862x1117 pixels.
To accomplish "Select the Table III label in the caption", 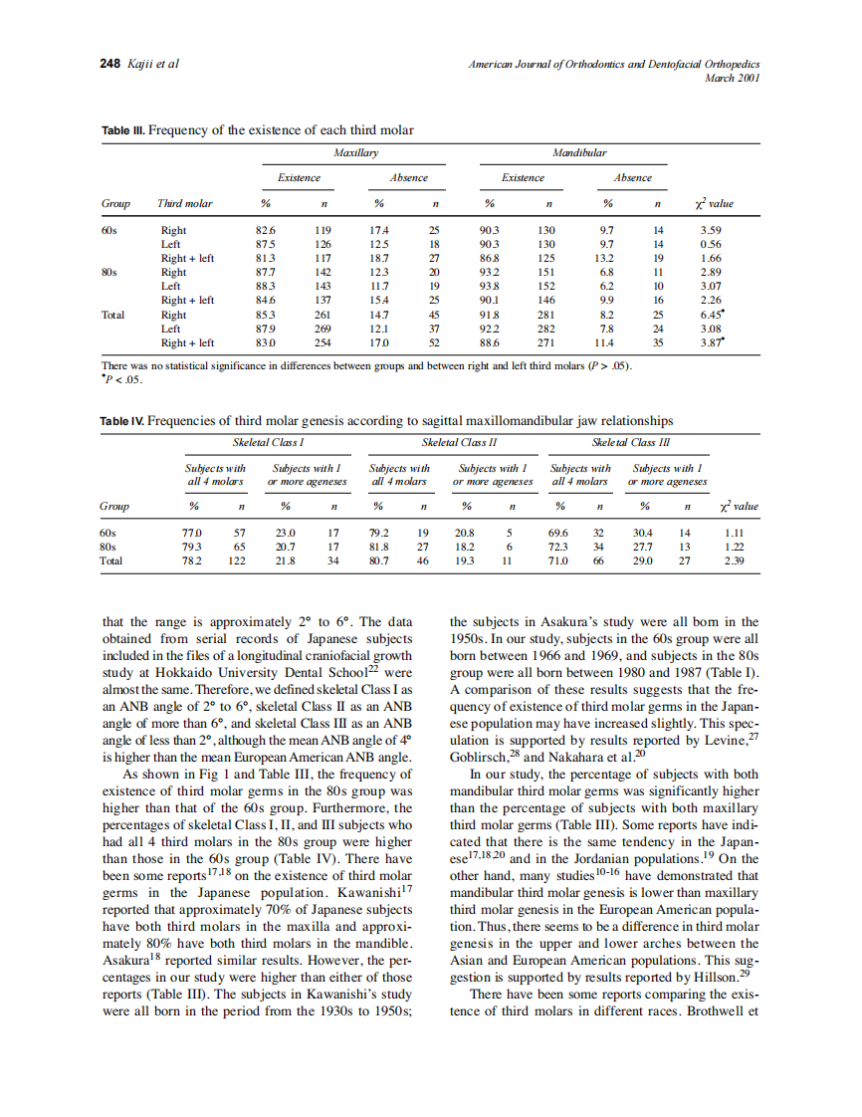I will point(123,130).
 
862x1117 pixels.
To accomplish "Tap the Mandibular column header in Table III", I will point(579,152).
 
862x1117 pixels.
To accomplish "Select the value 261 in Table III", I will point(323,315).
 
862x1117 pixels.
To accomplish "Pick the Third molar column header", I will point(185,204).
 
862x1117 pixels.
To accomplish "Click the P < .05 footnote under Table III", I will point(123,378).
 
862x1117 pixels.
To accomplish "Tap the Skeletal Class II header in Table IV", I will point(459,440).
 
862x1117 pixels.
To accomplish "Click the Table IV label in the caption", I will point(123,421).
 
